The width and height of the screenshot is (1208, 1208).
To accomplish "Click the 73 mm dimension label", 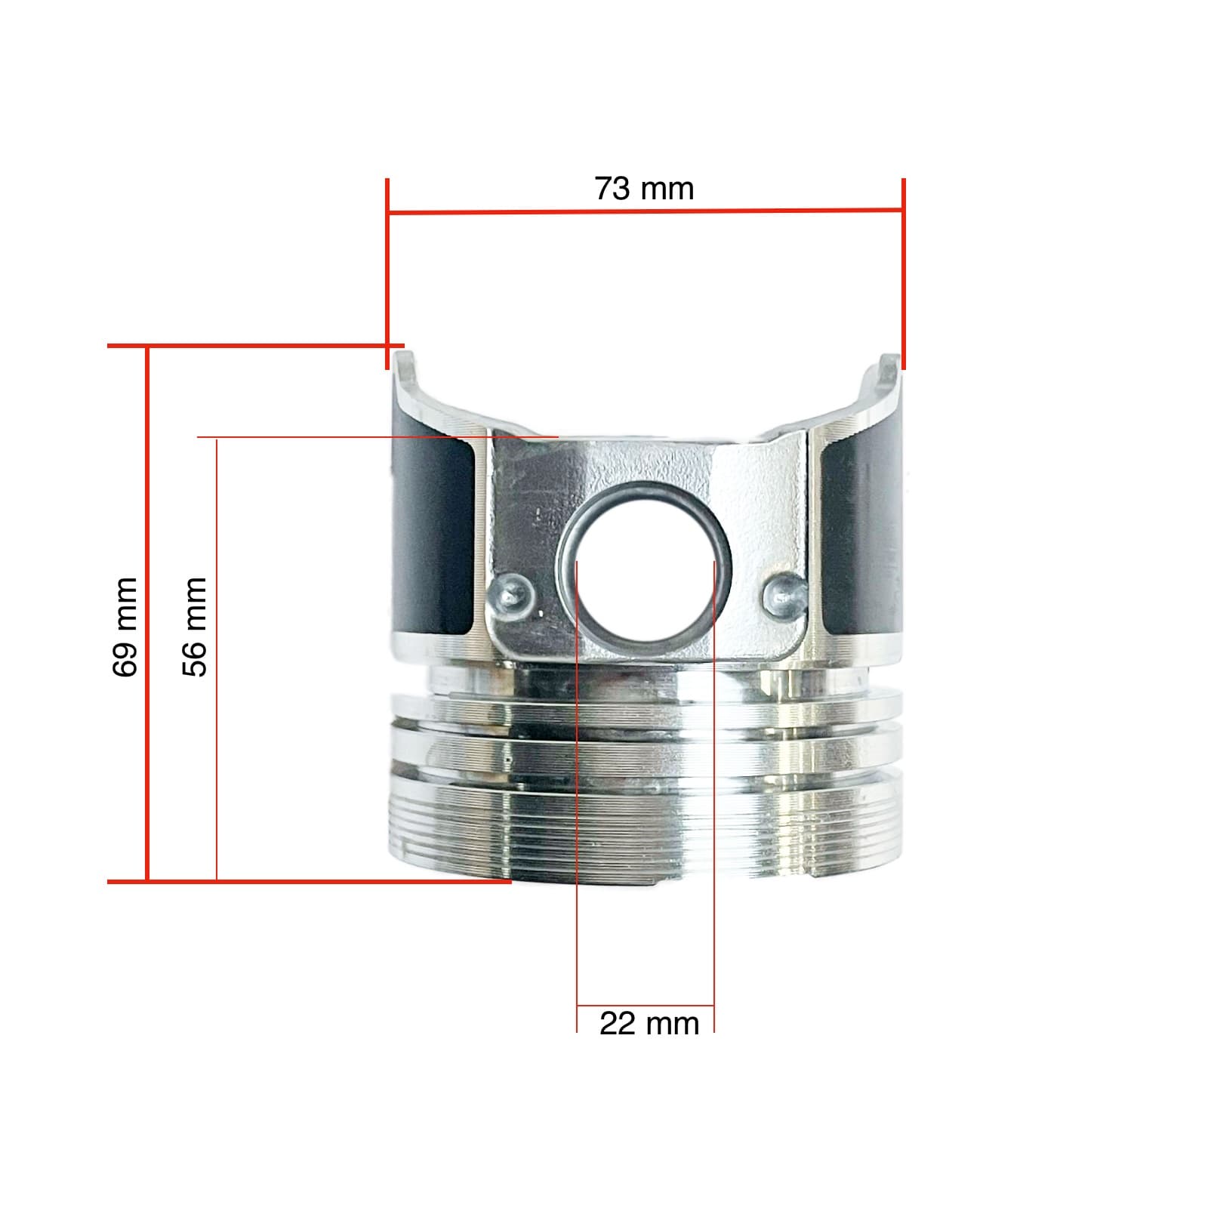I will (x=644, y=189).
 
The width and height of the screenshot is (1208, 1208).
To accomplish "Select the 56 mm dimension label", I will (x=195, y=627).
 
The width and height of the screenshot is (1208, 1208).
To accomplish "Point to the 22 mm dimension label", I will (x=649, y=1025).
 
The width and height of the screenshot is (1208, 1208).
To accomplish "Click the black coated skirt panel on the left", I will (x=433, y=536).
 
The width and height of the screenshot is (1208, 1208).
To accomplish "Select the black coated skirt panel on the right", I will (x=861, y=536).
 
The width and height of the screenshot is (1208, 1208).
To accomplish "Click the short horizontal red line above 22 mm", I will (x=645, y=1006).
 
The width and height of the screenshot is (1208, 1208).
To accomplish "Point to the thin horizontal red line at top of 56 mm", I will (x=377, y=437).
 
